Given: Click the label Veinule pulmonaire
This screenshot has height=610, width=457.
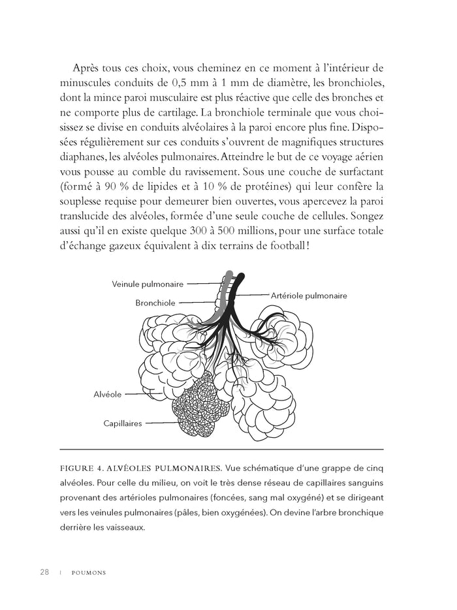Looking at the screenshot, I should coord(148,284).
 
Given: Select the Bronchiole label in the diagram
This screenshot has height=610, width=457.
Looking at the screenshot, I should coord(155,303).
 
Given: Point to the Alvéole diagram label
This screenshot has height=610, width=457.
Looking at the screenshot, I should coord(108,395).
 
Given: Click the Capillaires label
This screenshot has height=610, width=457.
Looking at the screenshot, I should coord(123,423).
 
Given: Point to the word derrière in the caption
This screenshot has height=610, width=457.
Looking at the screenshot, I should coord(76,527).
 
